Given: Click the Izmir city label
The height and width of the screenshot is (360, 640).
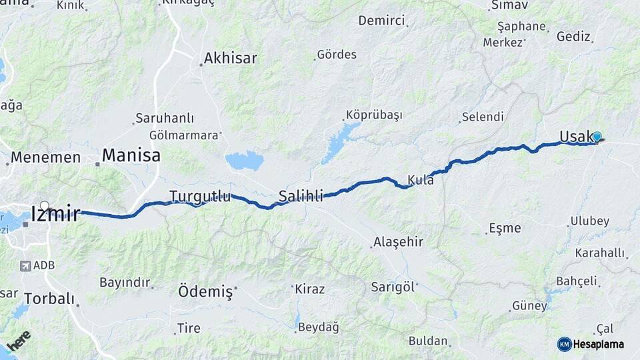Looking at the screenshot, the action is [x=55, y=215].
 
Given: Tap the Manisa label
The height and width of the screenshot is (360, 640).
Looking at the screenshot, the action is [x=131, y=156].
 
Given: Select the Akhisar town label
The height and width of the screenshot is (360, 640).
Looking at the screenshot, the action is [x=230, y=59].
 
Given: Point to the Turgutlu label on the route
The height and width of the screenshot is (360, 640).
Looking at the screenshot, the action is [x=200, y=197].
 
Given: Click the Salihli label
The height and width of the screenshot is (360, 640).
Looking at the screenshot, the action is [x=301, y=196].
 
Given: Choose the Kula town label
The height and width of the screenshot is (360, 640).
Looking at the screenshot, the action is [x=420, y=179].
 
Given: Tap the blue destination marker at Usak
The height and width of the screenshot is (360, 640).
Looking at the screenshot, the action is [x=597, y=137].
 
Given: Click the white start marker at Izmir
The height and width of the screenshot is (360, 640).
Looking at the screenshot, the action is [x=44, y=206].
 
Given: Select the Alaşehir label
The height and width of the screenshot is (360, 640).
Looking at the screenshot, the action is [x=398, y=241].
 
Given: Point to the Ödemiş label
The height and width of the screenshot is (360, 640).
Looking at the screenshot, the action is [x=205, y=291].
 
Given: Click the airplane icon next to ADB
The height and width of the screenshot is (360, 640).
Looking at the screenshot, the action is [x=26, y=266].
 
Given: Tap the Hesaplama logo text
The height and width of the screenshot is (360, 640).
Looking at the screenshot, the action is [x=599, y=344].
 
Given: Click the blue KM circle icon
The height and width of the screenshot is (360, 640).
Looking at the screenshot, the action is [x=565, y=344].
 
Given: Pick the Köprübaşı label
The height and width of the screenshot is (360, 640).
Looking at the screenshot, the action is [x=374, y=115].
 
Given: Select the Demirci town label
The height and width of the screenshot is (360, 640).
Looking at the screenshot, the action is [x=381, y=21].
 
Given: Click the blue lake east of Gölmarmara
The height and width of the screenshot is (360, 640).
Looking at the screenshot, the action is [x=245, y=161].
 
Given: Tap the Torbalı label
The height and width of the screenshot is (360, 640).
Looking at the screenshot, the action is [x=49, y=298].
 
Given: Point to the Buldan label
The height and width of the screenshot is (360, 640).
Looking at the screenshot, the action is [x=427, y=341].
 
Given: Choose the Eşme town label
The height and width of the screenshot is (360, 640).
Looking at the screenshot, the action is [x=505, y=228].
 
